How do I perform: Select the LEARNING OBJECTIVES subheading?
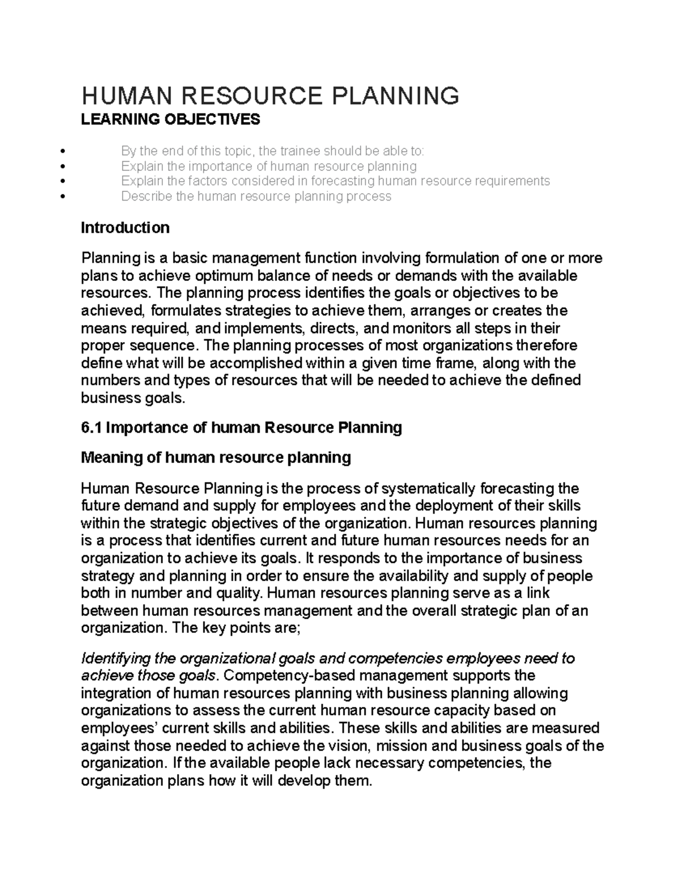(170, 119)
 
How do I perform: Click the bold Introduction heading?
(125, 228)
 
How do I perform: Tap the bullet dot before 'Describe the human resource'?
(62, 197)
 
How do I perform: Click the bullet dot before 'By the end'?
(62, 151)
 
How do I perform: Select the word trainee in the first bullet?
(299, 151)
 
